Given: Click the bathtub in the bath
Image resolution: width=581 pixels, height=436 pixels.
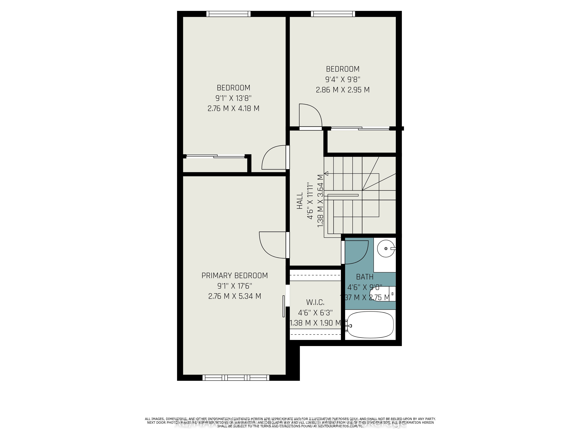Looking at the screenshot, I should (x=370, y=325).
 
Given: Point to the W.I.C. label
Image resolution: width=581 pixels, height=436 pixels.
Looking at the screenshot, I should (x=315, y=302).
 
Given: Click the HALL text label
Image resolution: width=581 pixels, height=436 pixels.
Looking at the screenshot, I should (x=300, y=201).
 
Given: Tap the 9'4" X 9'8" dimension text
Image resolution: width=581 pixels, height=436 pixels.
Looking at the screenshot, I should (x=342, y=79).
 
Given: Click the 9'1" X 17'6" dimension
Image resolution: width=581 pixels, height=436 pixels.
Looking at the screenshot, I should (x=235, y=286).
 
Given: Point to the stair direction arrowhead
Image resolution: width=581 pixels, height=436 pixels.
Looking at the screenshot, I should (x=327, y=173).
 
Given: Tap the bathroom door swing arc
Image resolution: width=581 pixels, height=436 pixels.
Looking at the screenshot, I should (x=357, y=252).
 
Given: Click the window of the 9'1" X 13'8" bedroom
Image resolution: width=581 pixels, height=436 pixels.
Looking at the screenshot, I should (x=228, y=14).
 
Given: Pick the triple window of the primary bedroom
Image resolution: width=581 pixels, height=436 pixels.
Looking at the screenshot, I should (x=236, y=378).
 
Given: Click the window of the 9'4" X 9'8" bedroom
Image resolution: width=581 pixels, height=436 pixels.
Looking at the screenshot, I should (x=333, y=14).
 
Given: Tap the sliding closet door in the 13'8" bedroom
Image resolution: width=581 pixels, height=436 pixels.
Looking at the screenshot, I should (x=215, y=156).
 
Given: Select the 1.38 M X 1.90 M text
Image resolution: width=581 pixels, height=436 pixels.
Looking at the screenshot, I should (x=315, y=323).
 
